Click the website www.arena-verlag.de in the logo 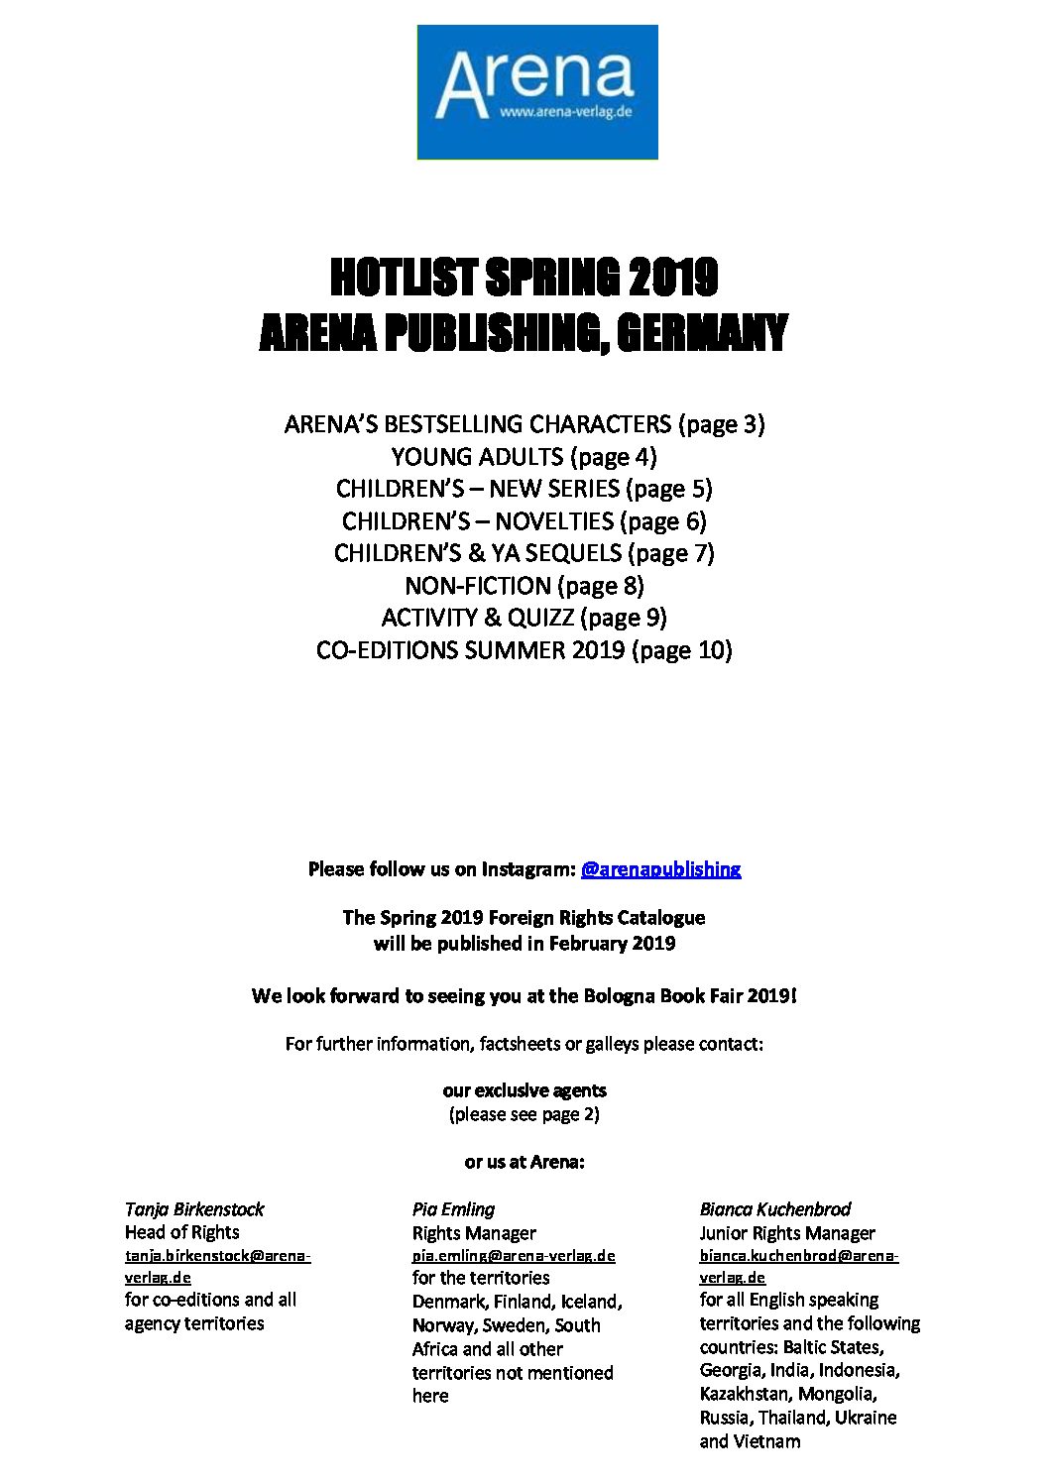point(565,113)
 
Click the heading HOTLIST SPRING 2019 point(524,278)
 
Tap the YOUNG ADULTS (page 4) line point(524,457)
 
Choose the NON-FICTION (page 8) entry point(524,586)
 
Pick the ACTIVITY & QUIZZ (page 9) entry point(524,618)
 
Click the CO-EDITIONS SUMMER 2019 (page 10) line point(524,650)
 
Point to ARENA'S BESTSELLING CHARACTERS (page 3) point(524,424)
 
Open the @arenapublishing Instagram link point(660,869)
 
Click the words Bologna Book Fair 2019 point(671,995)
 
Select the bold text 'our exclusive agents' point(524,1090)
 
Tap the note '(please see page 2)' point(524,1114)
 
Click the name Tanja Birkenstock point(194,1209)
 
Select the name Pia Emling point(453,1209)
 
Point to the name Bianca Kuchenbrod point(774,1209)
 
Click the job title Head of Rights point(181,1232)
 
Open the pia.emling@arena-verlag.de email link point(514,1256)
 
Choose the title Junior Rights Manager point(787,1233)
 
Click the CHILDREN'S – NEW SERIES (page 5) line point(524,489)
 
